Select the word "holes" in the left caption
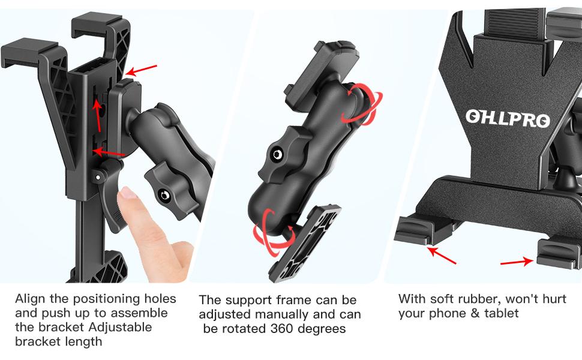tap(157, 299)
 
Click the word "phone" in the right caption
tap(447, 313)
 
